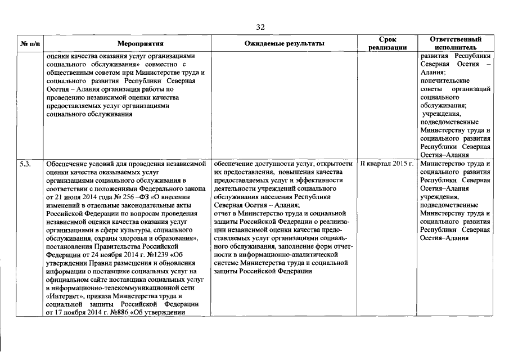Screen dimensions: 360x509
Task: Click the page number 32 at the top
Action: click(x=260, y=27)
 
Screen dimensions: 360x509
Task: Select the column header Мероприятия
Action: click(x=140, y=43)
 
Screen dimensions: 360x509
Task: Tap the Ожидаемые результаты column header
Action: click(x=285, y=43)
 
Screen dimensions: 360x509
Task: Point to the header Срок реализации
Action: click(x=388, y=43)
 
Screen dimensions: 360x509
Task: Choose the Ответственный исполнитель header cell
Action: click(x=456, y=43)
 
